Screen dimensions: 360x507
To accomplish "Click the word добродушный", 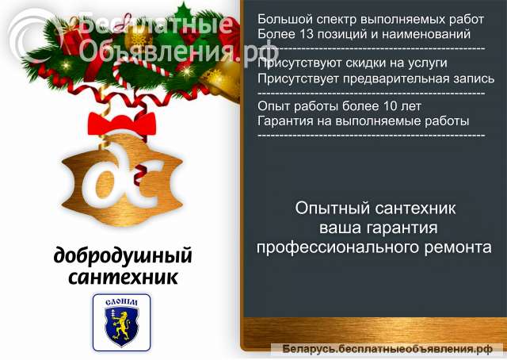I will (x=123, y=257).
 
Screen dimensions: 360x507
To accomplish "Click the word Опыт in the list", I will (x=273, y=106).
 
